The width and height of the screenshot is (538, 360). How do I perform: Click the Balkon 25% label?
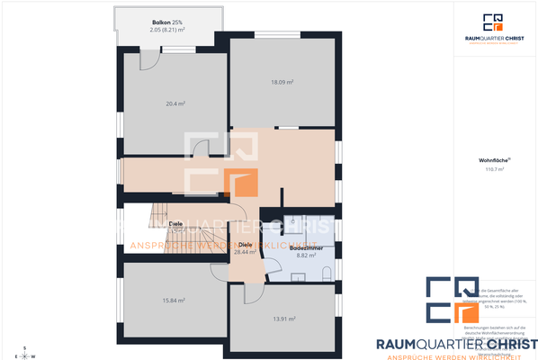(166, 21)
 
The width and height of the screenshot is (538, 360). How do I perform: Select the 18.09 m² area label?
(283, 84)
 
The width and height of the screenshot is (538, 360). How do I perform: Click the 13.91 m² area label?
(284, 319)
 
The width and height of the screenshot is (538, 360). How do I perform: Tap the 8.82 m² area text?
(307, 256)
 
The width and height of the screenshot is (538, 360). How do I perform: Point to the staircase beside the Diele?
(148, 229)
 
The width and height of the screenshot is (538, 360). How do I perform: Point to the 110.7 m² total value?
(493, 169)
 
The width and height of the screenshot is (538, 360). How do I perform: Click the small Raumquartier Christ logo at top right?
(493, 28)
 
